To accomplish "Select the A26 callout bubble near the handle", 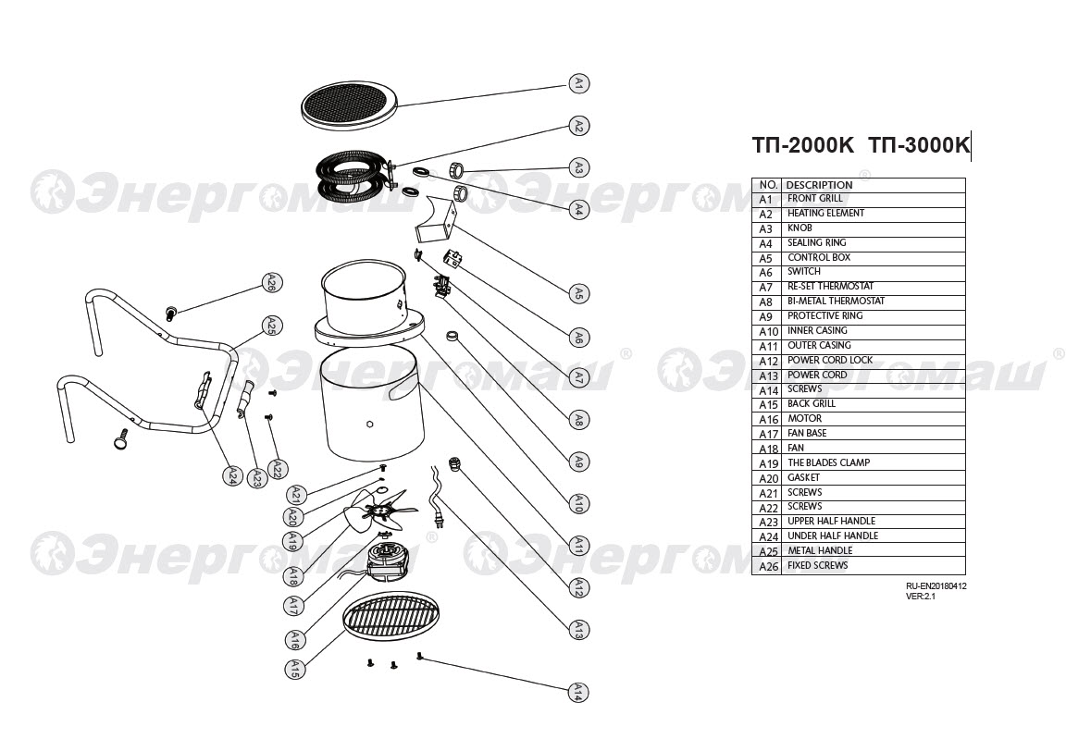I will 271,283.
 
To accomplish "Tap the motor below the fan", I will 386,559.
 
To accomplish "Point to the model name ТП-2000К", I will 802,145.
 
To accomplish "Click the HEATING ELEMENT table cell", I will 825,214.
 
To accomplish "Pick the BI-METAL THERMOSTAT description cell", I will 836,302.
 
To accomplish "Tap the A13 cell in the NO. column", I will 767,376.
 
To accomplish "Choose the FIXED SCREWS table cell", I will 817,565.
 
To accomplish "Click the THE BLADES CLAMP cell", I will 828,462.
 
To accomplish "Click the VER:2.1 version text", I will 921,597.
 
